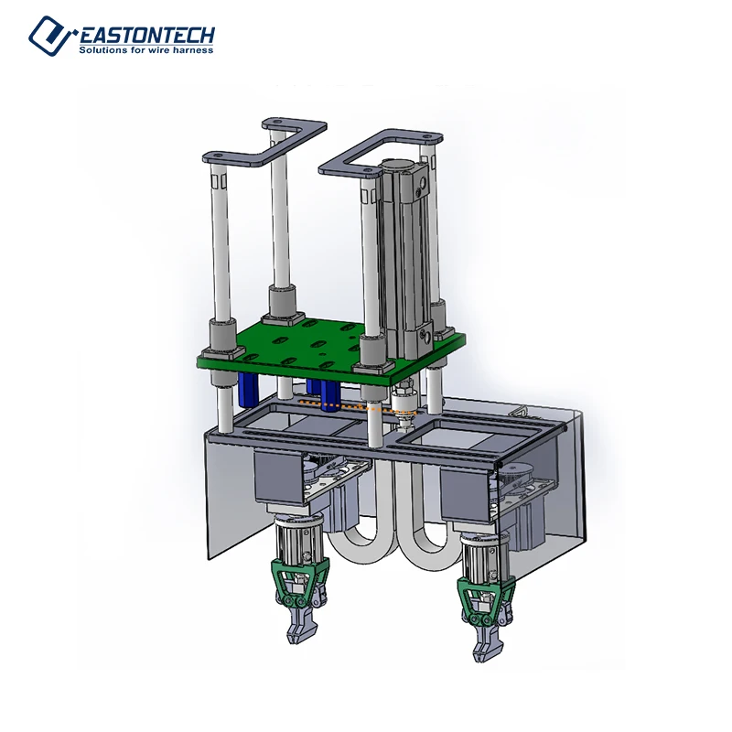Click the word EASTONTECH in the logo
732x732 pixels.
point(146,35)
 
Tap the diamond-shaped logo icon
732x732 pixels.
point(50,35)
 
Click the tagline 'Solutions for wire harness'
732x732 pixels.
point(146,50)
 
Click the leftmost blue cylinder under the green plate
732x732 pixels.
point(247,389)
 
